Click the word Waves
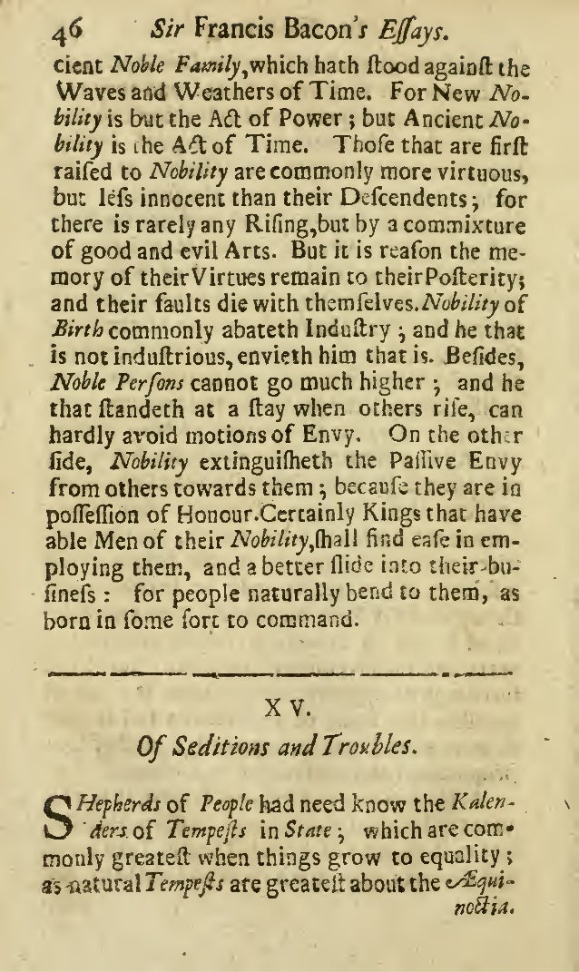pos(76,92)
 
